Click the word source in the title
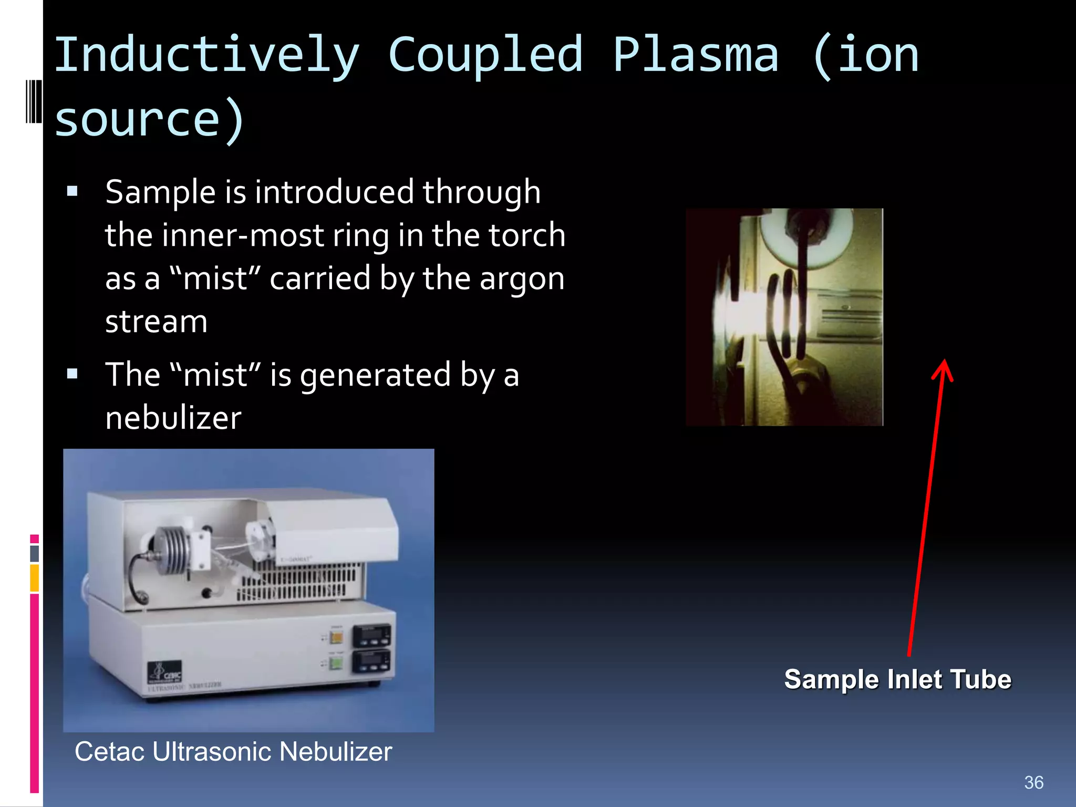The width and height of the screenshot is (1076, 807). [x=138, y=120]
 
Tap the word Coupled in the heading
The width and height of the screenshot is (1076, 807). [x=485, y=56]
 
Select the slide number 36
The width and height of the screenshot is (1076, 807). [x=1033, y=782]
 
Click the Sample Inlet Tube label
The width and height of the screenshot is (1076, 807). [x=897, y=679]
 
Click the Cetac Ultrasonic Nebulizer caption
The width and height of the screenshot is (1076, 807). [x=233, y=751]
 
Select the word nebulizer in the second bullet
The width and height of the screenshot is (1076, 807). [x=173, y=418]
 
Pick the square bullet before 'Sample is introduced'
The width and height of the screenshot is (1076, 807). [x=73, y=191]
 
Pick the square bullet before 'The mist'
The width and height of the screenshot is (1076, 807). [x=73, y=374]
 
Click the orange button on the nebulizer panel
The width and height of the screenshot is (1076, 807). [x=336, y=638]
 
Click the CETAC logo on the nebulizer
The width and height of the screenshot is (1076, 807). [x=165, y=672]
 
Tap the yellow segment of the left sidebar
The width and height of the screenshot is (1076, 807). [x=34, y=577]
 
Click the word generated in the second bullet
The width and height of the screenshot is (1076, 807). [x=376, y=375]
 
